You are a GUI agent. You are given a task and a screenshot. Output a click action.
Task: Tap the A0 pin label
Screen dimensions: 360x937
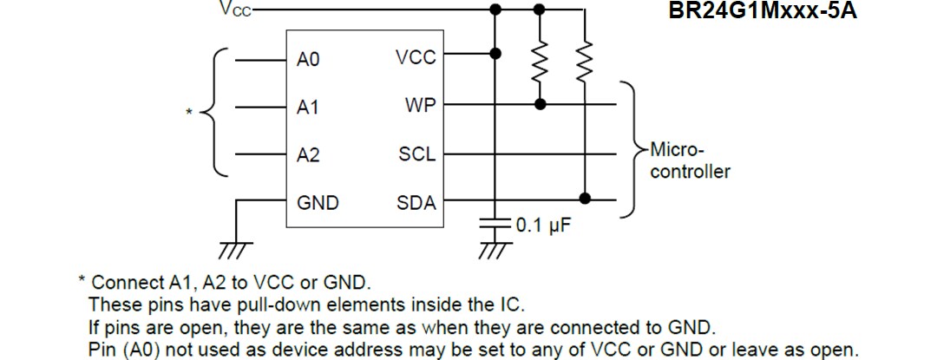pyautogui.click(x=308, y=59)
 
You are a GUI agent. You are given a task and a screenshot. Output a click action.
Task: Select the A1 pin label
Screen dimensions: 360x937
pyautogui.click(x=308, y=108)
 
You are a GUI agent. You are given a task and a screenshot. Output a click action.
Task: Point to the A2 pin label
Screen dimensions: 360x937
pyautogui.click(x=308, y=155)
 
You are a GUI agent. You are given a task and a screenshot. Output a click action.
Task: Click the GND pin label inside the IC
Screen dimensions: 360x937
pyautogui.click(x=318, y=203)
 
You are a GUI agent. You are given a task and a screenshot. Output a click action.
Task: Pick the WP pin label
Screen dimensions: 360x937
pyautogui.click(x=420, y=107)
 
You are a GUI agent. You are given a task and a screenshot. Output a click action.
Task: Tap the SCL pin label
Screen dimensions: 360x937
pyautogui.click(x=417, y=155)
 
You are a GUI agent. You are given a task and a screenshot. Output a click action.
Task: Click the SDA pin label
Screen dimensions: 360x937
pyautogui.click(x=416, y=203)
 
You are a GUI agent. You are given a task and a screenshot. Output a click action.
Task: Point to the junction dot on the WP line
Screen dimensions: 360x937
pyautogui.click(x=541, y=104)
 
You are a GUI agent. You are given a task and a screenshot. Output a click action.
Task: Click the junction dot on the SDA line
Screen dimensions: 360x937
pyautogui.click(x=586, y=199)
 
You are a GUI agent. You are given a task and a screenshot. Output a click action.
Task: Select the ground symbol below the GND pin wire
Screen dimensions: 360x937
pyautogui.click(x=234, y=250)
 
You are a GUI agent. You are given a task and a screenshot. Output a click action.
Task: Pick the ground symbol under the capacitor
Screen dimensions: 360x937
pyautogui.click(x=495, y=250)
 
